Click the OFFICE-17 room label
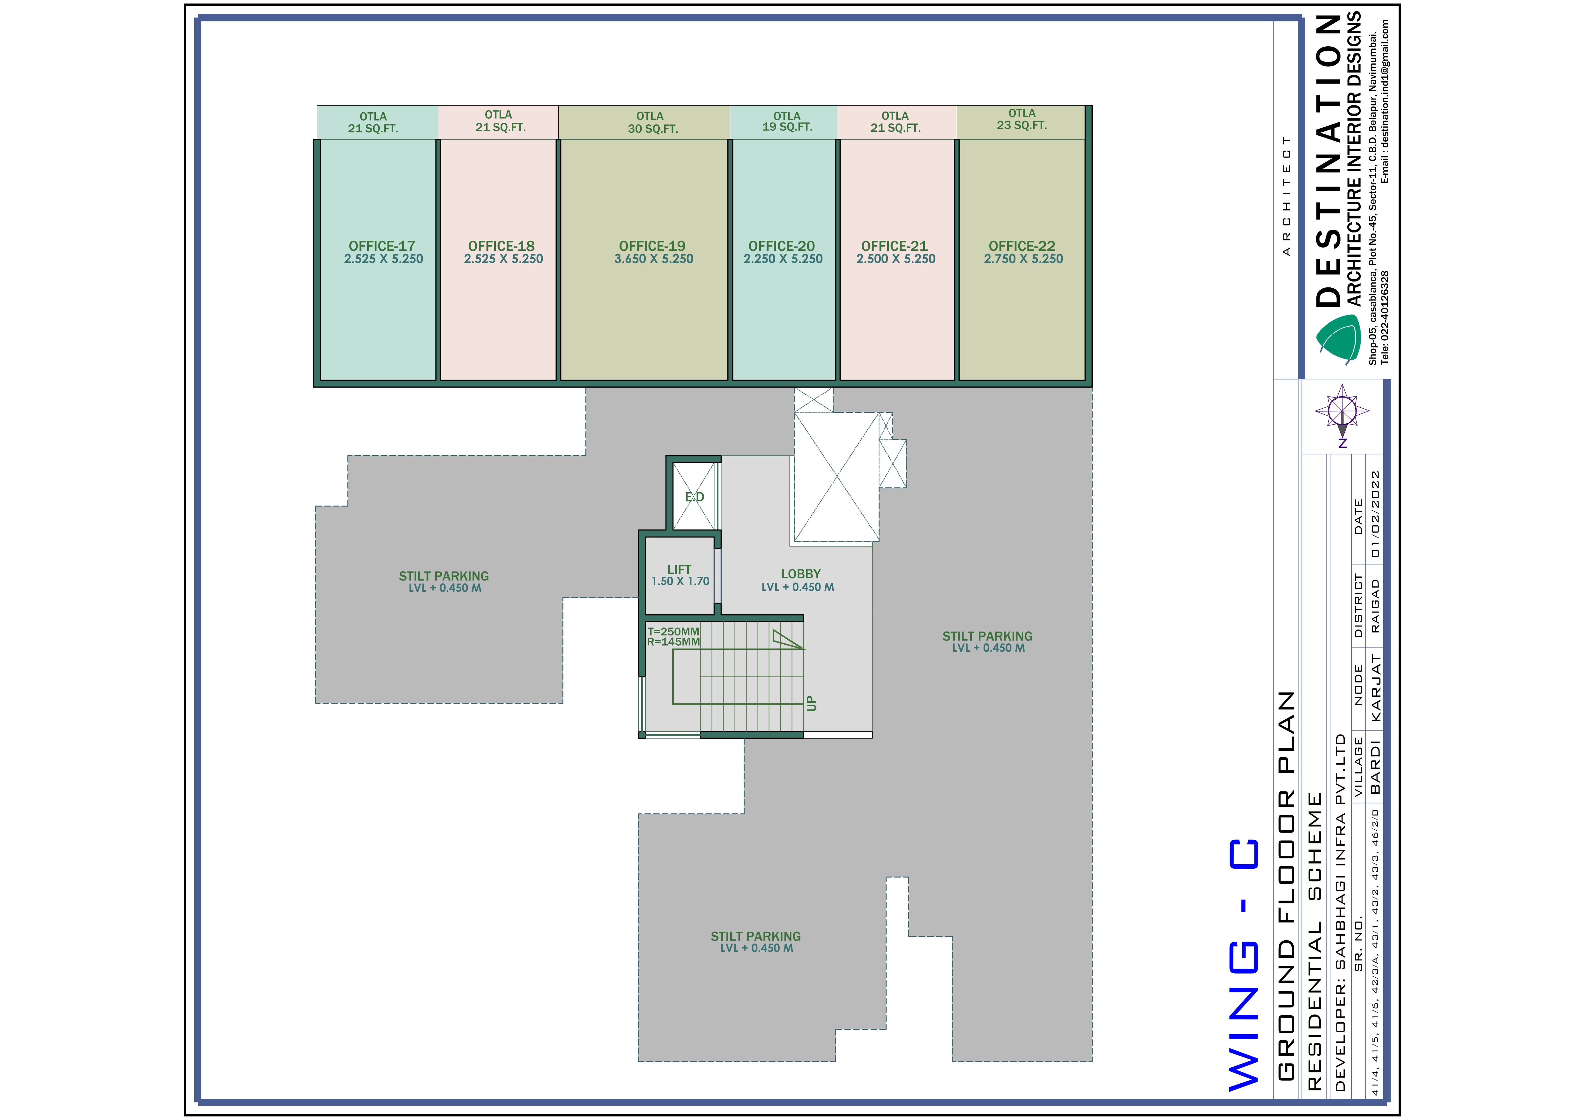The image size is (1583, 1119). coord(382,246)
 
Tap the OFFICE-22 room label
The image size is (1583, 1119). coord(1022,246)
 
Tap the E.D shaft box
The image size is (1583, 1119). coord(694,496)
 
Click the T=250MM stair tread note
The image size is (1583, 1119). coord(673,632)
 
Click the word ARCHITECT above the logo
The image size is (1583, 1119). coord(1286,196)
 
